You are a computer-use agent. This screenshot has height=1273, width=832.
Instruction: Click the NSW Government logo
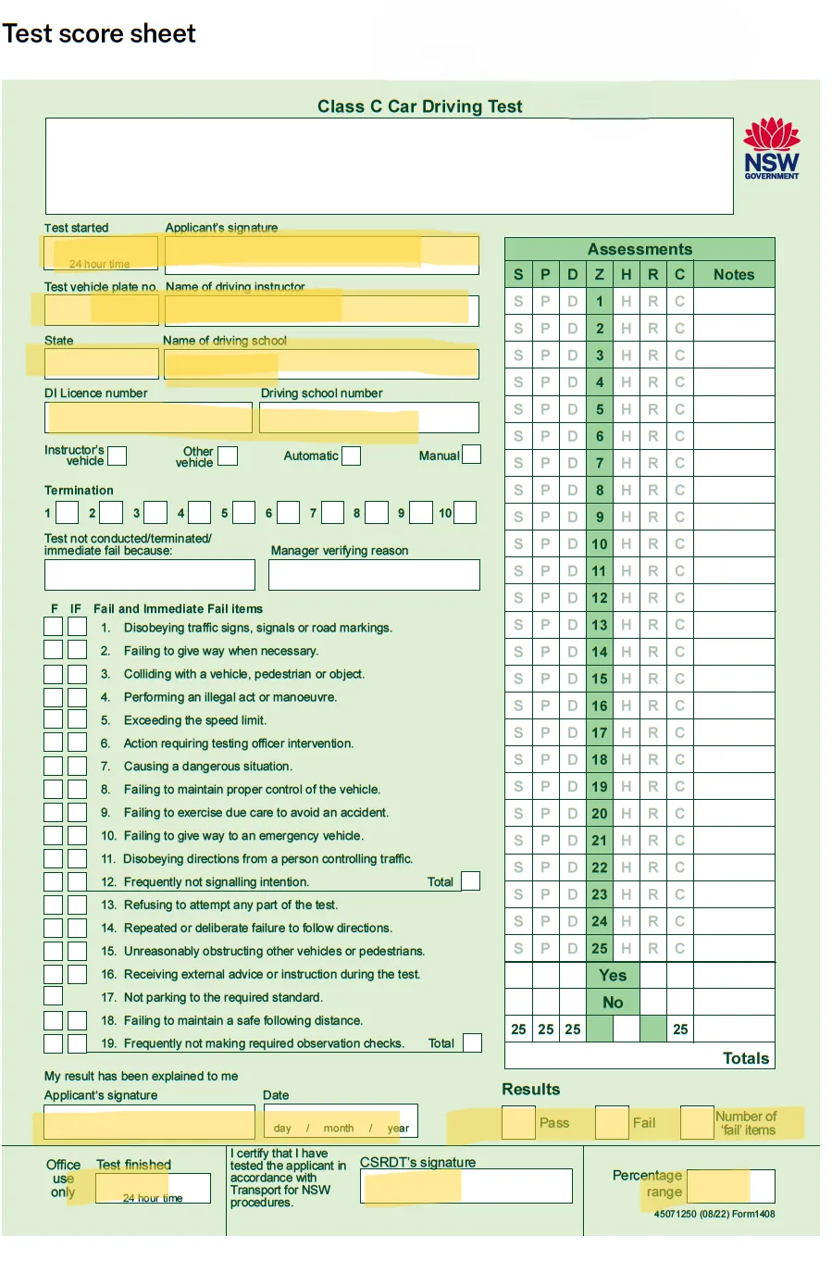(x=771, y=148)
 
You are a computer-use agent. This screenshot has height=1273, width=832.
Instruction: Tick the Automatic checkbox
(x=351, y=456)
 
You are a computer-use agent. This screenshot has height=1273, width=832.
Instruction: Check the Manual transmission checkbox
(x=471, y=455)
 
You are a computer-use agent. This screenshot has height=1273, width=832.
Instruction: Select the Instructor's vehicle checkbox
(x=117, y=456)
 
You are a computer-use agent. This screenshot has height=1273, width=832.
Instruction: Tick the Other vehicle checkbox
(x=228, y=456)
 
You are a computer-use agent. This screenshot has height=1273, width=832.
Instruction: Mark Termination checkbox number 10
(x=465, y=512)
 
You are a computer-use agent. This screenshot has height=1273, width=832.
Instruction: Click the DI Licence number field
(x=148, y=418)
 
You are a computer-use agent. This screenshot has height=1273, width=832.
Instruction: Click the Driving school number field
(x=368, y=418)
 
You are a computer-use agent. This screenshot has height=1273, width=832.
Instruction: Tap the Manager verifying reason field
(x=374, y=574)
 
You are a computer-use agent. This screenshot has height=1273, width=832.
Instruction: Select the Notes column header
(x=733, y=275)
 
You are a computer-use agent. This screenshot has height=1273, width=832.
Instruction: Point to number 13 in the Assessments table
(x=600, y=625)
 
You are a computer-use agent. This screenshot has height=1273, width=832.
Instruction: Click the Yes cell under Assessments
(x=613, y=975)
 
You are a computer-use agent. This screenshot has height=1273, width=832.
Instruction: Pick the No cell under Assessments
(x=613, y=1002)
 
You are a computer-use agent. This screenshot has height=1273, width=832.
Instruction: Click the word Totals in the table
(x=745, y=1058)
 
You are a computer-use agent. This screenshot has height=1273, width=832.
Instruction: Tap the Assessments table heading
(x=640, y=249)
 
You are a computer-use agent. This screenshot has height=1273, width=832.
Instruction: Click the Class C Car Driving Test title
(x=419, y=106)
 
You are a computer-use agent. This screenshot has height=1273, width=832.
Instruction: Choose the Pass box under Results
(x=518, y=1122)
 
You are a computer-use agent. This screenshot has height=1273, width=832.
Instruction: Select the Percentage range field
(x=730, y=1186)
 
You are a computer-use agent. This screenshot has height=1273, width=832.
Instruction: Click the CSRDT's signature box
(x=466, y=1186)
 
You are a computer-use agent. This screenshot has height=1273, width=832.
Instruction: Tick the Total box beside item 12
(x=470, y=880)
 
